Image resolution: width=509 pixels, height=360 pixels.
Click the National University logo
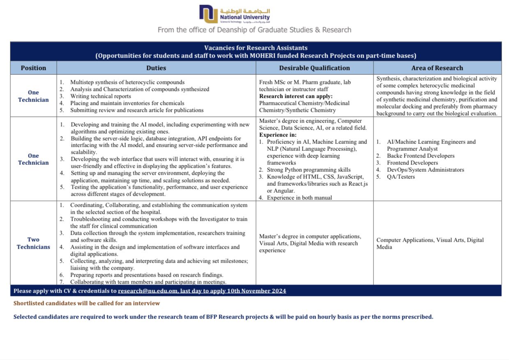tap(234, 14)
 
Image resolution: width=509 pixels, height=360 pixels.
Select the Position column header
tap(33, 68)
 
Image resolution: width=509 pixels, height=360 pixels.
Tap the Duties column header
tap(156, 68)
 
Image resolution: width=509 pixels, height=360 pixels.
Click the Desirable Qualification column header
tap(314, 68)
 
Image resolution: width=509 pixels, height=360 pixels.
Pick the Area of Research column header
tap(437, 68)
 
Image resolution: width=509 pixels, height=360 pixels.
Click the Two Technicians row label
tap(33, 243)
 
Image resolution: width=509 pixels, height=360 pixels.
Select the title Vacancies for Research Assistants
tap(256, 48)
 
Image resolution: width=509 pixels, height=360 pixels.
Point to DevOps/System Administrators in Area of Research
tap(425, 170)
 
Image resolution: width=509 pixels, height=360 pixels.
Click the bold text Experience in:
tap(277, 135)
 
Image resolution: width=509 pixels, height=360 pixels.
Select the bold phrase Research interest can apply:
tap(296, 96)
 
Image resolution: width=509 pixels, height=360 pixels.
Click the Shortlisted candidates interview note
tap(87, 303)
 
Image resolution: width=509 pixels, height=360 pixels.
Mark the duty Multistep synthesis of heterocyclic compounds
tap(127, 82)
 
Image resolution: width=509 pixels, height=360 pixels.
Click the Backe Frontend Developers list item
tap(420, 156)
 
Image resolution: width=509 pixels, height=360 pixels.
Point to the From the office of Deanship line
tap(254, 30)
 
